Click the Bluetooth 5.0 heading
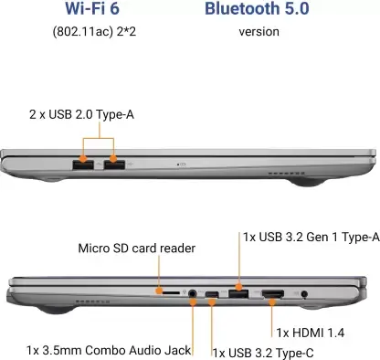click(257, 10)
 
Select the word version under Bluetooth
click(259, 32)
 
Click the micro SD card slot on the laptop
click(170, 293)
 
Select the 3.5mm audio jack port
click(193, 293)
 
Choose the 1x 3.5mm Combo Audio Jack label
click(109, 350)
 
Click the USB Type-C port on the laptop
click(213, 293)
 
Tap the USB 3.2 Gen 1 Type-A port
click(237, 293)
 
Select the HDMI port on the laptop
click(272, 293)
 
